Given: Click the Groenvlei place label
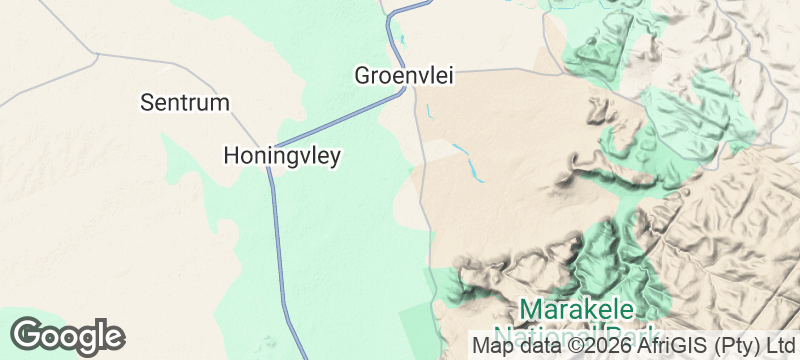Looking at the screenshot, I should point(400,75).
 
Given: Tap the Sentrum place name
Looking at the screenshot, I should point(185,102).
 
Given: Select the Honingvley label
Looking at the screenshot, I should point(282,156).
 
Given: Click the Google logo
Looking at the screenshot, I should point(67,335).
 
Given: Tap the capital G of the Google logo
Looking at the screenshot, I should point(28,335).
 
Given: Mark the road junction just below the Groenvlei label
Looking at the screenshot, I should point(405,93).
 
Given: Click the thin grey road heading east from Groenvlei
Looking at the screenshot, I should point(480,71).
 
